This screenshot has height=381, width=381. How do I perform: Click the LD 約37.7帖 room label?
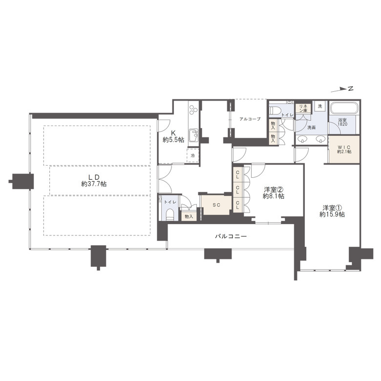(94, 181)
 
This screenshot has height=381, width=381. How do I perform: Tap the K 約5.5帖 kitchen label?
(173, 137)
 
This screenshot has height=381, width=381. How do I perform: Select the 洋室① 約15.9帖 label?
(332, 211)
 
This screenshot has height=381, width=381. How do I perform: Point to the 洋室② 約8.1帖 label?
(274, 192)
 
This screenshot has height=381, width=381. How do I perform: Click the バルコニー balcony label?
(231, 236)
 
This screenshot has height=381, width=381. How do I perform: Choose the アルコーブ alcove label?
(250, 119)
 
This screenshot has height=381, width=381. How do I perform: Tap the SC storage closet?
(216, 205)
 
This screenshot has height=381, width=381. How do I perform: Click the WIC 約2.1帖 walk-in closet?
(344, 149)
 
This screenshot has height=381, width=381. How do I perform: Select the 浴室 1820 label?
(342, 122)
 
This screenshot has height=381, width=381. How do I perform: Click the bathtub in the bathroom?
(344, 107)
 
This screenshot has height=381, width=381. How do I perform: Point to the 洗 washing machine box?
(320, 106)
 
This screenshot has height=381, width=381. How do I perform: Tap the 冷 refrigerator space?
(192, 155)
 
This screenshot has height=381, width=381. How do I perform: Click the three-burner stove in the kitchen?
(193, 109)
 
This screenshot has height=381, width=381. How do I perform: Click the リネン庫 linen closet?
(303, 108)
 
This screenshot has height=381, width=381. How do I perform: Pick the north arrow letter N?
(350, 88)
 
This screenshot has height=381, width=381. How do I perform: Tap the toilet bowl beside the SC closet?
(169, 214)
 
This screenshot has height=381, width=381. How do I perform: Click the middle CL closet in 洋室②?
(237, 190)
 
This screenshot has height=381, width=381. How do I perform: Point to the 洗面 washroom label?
(311, 127)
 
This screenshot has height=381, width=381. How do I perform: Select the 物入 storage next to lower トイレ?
(189, 216)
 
